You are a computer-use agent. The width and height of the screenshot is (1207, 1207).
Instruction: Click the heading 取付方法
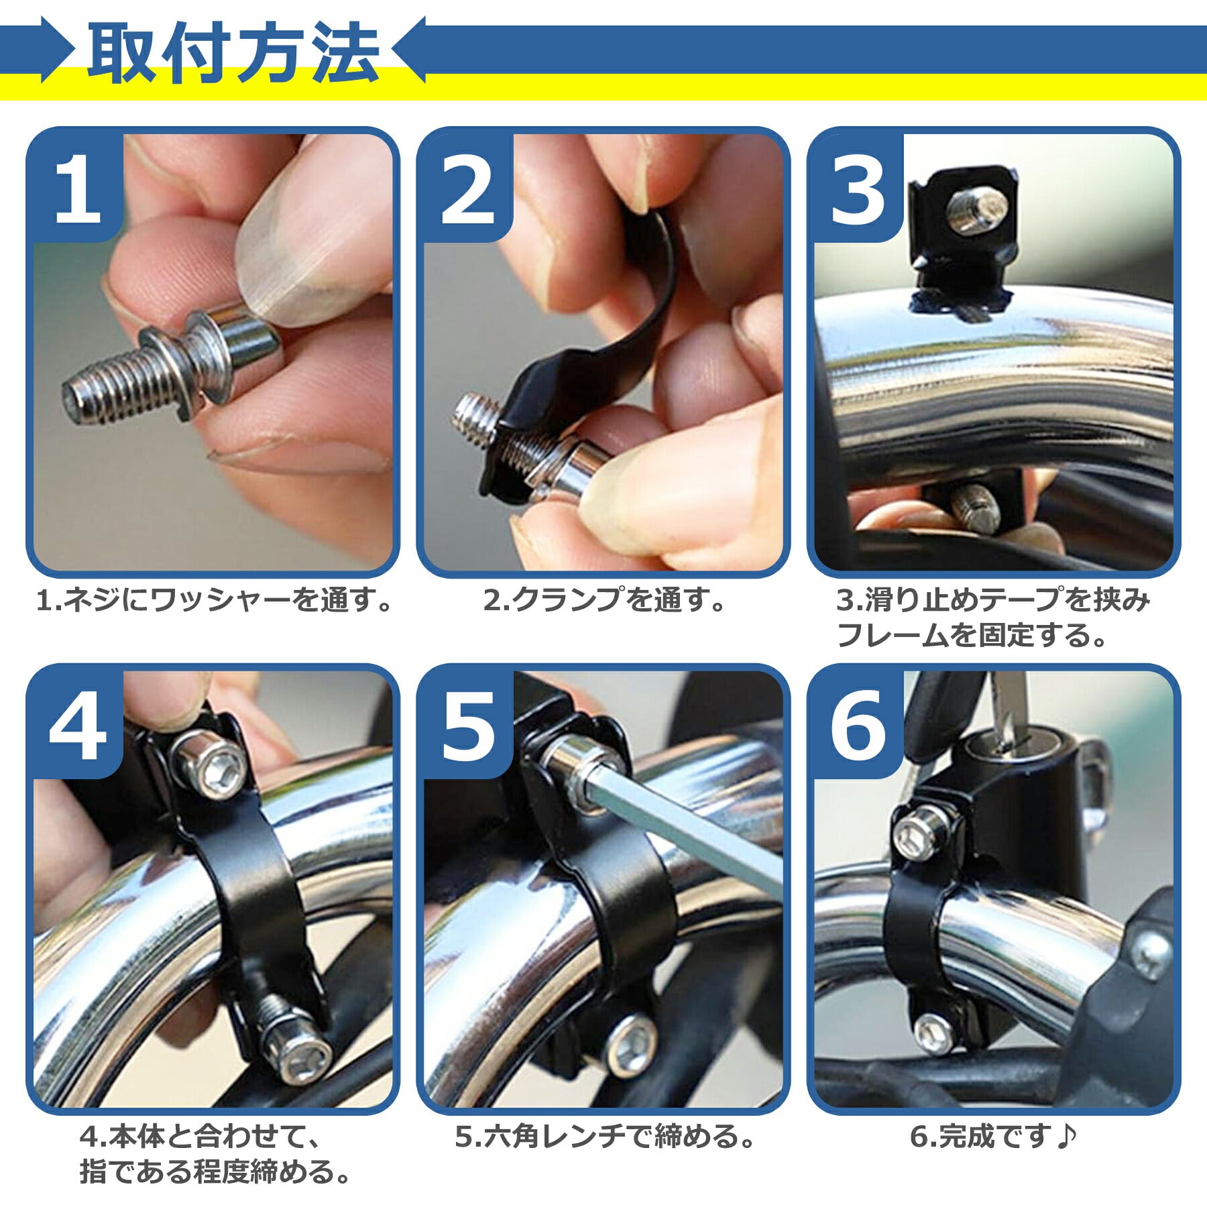point(233,54)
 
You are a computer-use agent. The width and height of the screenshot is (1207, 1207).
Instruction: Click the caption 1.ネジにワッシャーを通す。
point(214,599)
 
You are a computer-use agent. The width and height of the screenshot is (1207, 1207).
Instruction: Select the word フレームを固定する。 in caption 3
point(972,635)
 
